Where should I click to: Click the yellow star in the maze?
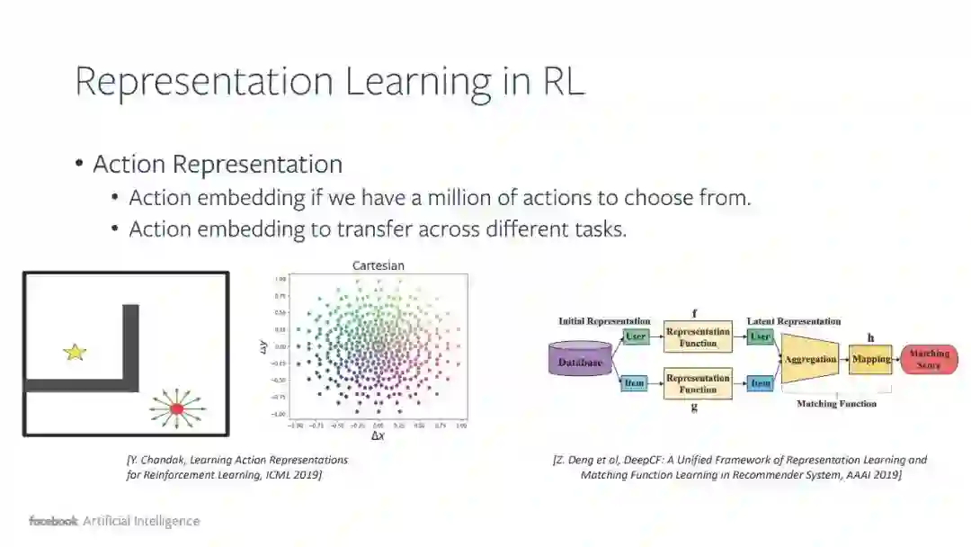(x=75, y=352)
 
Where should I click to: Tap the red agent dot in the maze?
(x=176, y=408)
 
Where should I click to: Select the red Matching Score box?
(x=929, y=359)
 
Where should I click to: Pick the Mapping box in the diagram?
(x=870, y=359)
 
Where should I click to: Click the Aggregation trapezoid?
(x=810, y=360)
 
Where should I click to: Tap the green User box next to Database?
(x=635, y=336)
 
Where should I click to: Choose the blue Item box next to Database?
(x=635, y=383)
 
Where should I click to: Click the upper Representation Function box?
(x=698, y=337)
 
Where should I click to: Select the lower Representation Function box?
(x=698, y=384)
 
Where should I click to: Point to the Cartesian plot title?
(x=378, y=265)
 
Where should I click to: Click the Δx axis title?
(x=378, y=435)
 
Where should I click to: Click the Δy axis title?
(x=263, y=346)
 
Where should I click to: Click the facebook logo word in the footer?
(x=53, y=521)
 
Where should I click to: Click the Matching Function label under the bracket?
(x=836, y=404)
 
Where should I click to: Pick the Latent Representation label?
(x=794, y=321)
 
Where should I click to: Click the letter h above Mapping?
(x=870, y=337)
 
